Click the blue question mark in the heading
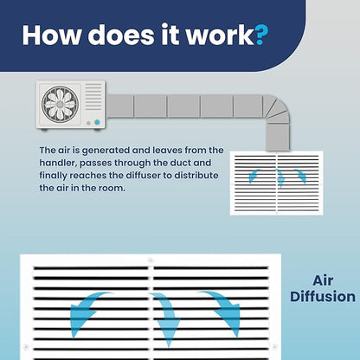tap(261, 35)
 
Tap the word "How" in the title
tap(51, 35)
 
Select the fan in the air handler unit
tap(60, 104)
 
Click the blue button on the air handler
tap(97, 122)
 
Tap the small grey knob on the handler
tap(88, 123)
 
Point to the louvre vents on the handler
tap(93, 97)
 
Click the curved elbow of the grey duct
tap(276, 109)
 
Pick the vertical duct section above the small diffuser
tap(278, 138)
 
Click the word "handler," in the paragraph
tap(58, 163)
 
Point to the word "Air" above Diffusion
tap(323, 280)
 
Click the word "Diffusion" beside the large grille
tap(323, 297)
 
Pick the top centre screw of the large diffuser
tap(151, 260)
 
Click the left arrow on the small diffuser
tap(253, 176)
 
